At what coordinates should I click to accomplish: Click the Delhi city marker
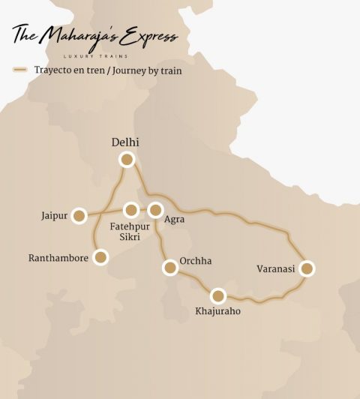pyautogui.click(x=127, y=159)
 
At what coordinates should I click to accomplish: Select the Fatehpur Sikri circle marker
pyautogui.click(x=131, y=209)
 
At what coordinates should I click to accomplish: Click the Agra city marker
pyautogui.click(x=155, y=209)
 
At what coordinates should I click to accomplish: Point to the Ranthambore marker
pyautogui.click(x=100, y=257)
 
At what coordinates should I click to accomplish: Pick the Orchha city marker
pyautogui.click(x=169, y=268)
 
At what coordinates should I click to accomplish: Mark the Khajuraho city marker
pyautogui.click(x=218, y=295)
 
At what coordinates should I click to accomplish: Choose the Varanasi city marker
pyautogui.click(x=306, y=268)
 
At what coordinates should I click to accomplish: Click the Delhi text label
pyautogui.click(x=125, y=142)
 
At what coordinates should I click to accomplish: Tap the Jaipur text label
pyautogui.click(x=55, y=216)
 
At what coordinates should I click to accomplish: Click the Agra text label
pyautogui.click(x=174, y=220)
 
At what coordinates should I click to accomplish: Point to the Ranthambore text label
pyautogui.click(x=58, y=258)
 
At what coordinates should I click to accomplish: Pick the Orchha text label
pyautogui.click(x=196, y=261)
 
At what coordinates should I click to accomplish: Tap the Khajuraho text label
pyautogui.click(x=217, y=311)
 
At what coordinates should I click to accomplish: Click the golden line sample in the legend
pyautogui.click(x=21, y=71)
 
